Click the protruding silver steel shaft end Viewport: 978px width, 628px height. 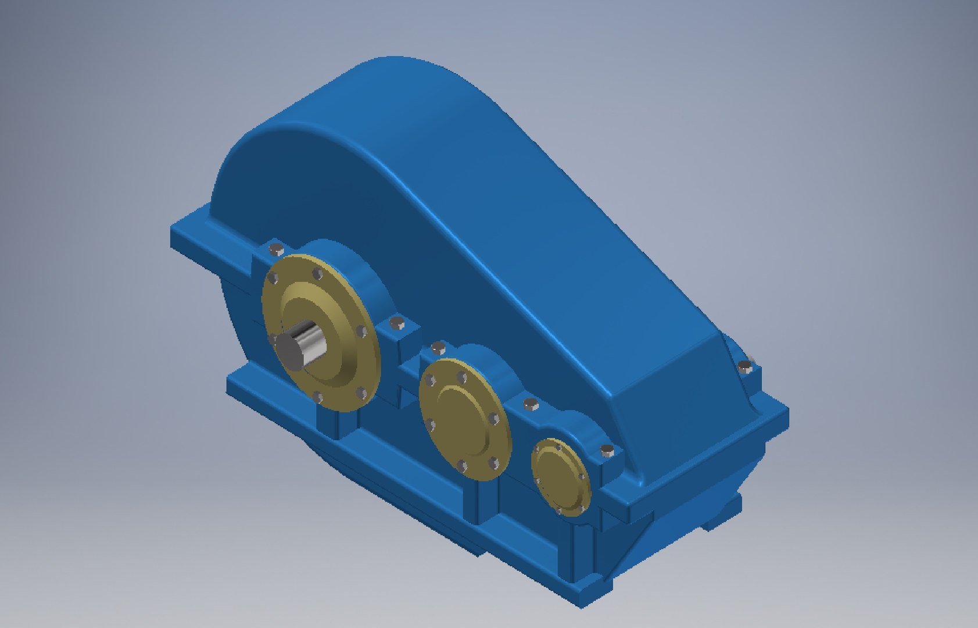coord(298,345)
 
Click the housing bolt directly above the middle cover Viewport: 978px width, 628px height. coord(437,348)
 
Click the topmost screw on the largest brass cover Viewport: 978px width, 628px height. coord(317,273)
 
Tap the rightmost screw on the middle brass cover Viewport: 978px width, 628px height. coord(494,419)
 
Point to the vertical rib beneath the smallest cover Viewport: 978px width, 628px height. coord(583,552)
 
